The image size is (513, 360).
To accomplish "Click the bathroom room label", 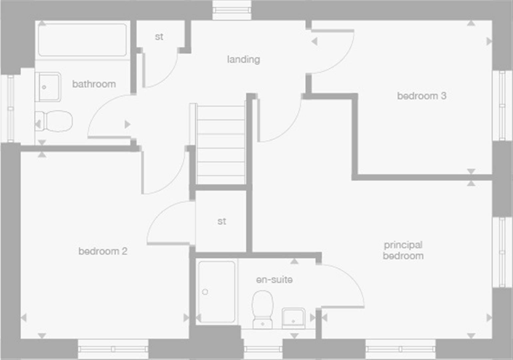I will click(x=94, y=84).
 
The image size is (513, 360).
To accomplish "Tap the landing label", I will click(x=244, y=59).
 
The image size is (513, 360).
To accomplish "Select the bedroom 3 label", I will click(x=421, y=96).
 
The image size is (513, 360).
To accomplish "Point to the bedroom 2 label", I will click(x=103, y=251).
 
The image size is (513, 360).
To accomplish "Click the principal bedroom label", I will click(x=403, y=250).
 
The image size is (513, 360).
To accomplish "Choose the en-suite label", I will click(x=274, y=280).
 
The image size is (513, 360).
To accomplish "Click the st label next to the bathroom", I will click(x=159, y=37).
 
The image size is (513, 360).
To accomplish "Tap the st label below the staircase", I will click(x=222, y=221).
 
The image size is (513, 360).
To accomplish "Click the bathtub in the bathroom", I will click(x=82, y=40).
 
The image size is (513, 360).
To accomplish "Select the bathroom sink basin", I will click(x=49, y=87).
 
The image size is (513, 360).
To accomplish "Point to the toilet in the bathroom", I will click(x=55, y=121).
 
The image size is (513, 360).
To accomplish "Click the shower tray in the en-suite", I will click(x=217, y=292).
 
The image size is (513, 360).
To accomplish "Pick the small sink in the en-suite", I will click(x=293, y=318).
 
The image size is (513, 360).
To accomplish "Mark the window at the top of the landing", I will click(x=232, y=10).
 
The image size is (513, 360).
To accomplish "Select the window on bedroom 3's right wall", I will click(x=502, y=105).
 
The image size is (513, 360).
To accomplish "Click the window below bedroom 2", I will click(x=113, y=349).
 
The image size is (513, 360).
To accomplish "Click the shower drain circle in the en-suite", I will click(x=205, y=292).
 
